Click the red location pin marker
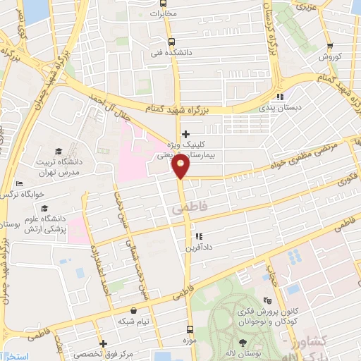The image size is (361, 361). pos(180,166)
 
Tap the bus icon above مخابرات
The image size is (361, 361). pos(164,4)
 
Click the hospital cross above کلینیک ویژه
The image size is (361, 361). pos(185,134)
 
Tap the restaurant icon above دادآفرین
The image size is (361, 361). pos(199,236)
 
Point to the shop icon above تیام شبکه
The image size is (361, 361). pos(133,310)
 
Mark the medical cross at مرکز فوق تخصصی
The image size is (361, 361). pos(103,343)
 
